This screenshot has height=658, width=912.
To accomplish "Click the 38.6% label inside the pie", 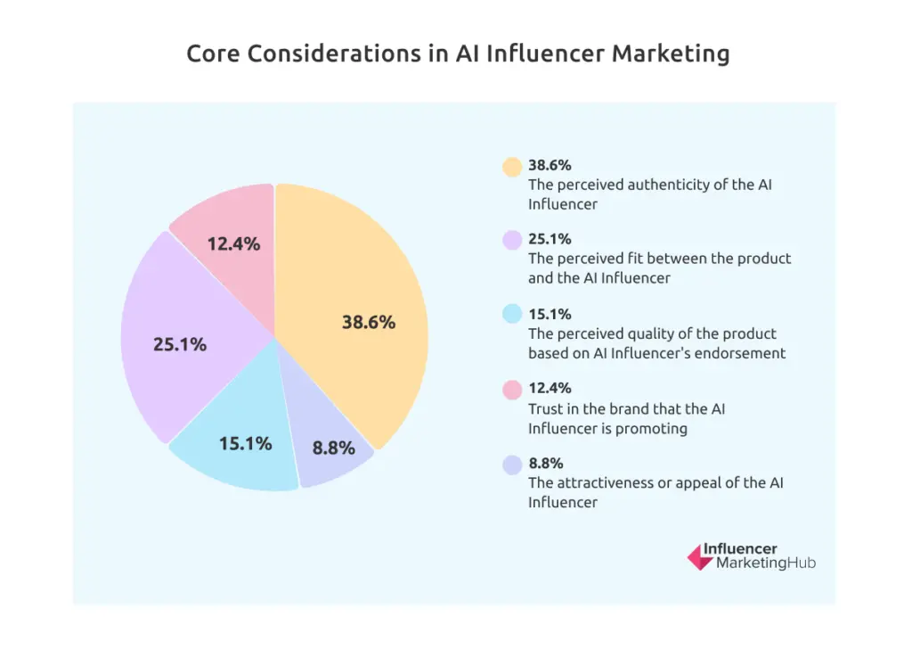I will [x=368, y=323].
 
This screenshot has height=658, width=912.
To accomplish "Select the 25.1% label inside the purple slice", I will [x=180, y=343].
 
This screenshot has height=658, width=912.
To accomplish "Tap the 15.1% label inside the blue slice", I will [x=245, y=442].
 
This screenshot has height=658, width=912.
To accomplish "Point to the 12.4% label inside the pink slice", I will [x=233, y=243].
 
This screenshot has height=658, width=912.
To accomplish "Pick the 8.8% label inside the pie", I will [x=333, y=448].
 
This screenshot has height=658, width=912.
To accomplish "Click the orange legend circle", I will [x=511, y=166].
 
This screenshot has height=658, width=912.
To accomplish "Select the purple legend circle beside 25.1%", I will [x=511, y=240].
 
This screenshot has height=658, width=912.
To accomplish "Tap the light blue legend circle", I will [x=511, y=315].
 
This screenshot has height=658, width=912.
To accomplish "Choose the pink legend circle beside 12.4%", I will [x=511, y=389].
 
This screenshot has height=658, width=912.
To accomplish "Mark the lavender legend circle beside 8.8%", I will [x=511, y=464].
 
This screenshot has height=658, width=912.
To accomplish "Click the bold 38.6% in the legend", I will [x=550, y=165].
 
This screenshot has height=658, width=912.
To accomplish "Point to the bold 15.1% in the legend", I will [x=550, y=314].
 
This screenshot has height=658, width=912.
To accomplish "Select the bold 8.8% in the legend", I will [x=546, y=463].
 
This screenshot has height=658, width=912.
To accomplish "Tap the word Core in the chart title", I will [x=213, y=53].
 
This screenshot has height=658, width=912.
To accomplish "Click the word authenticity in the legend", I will [x=676, y=185].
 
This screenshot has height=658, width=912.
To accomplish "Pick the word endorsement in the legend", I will [x=740, y=352].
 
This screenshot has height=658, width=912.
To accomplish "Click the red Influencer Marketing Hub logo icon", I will [x=699, y=557].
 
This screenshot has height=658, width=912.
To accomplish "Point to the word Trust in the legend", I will [x=545, y=408].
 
